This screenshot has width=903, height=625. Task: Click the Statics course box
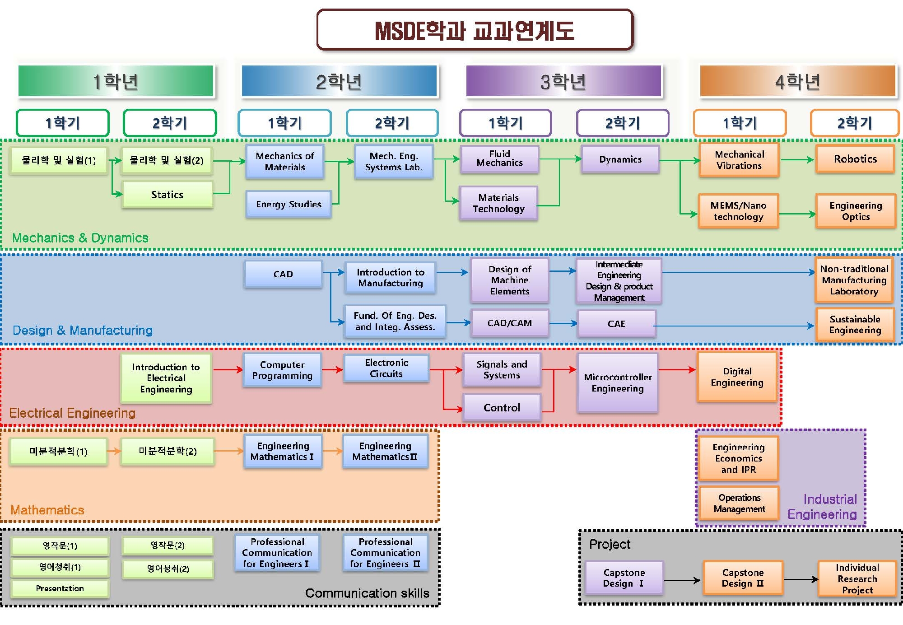pos(167,195)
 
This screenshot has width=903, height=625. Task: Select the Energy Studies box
pos(289,204)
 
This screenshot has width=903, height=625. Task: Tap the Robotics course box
pos(855,159)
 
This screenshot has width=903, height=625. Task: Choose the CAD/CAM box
pos(510,323)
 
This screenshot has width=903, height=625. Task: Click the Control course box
pos(502,408)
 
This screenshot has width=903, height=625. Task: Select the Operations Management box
pos(739,503)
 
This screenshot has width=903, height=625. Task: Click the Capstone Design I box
pos(624,578)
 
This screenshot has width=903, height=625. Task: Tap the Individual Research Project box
pos(857,579)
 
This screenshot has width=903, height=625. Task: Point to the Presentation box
pos(60,588)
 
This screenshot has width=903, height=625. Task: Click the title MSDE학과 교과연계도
pos(475,31)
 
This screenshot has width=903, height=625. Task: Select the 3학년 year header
pos(563,81)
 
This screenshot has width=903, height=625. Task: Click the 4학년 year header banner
pos(797,81)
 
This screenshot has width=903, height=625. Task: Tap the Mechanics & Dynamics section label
pos(80,238)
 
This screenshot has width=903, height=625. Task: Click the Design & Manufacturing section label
pos(83,331)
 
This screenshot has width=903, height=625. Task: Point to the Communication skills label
pos(367,593)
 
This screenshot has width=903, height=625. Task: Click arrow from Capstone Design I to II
pos(682,580)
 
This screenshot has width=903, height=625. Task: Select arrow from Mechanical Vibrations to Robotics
pos(797,159)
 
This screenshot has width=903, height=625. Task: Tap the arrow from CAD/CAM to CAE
pos(563,323)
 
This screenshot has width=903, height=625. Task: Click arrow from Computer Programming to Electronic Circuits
pos(332,370)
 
